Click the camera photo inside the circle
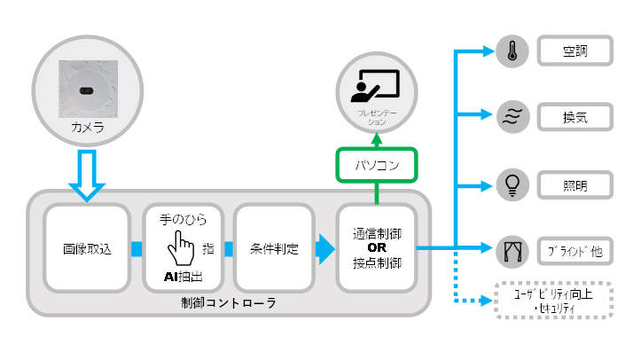coord(87,89)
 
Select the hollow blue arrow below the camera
coord(87,175)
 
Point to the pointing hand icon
coord(184,245)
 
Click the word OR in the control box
coord(375,248)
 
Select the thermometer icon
coord(512,51)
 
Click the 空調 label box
coord(575,51)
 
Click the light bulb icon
coord(512,185)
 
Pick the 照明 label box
coord(575,185)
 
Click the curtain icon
coord(512,251)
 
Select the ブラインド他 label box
coord(575,252)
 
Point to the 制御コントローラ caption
coord(229,303)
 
